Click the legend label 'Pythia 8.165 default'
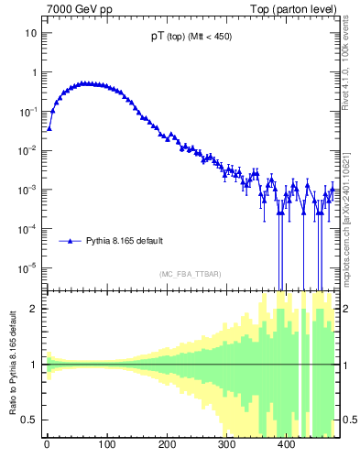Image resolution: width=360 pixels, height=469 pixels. pos(125,241)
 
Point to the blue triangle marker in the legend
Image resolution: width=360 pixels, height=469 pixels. pos(72,241)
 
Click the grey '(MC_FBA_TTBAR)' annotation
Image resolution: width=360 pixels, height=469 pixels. pos(191,274)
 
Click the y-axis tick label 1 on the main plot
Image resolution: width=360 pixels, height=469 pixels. pos(33,72)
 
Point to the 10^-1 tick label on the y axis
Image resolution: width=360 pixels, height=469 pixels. pos(27,111)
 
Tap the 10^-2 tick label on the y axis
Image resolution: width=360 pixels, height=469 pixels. pos(27,150)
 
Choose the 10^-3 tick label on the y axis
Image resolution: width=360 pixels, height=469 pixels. pos(27,190)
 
